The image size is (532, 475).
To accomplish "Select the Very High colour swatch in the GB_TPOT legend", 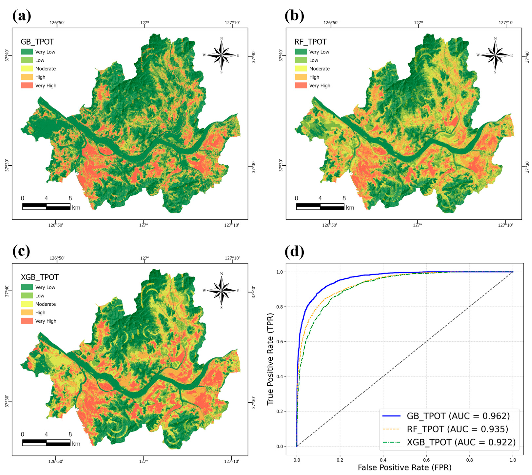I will pos(27,85).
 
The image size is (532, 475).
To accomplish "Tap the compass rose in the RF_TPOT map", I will pos(495,55).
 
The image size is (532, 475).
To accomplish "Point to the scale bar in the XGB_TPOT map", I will pos(46,443).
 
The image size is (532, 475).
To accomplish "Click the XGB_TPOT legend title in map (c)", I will pos(40,277).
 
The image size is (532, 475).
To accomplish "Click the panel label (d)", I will pos(294,252).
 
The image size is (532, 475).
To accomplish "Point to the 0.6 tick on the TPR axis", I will pos(280,342).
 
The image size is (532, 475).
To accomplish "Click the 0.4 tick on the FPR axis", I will pos(383,460).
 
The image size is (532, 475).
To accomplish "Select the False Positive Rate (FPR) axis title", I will pos(405,468).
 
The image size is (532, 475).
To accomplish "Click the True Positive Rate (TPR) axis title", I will pos(270,359).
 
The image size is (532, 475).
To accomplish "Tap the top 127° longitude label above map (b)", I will pos(418,23).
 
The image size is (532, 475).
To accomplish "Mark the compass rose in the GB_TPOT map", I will pos(221,55).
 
